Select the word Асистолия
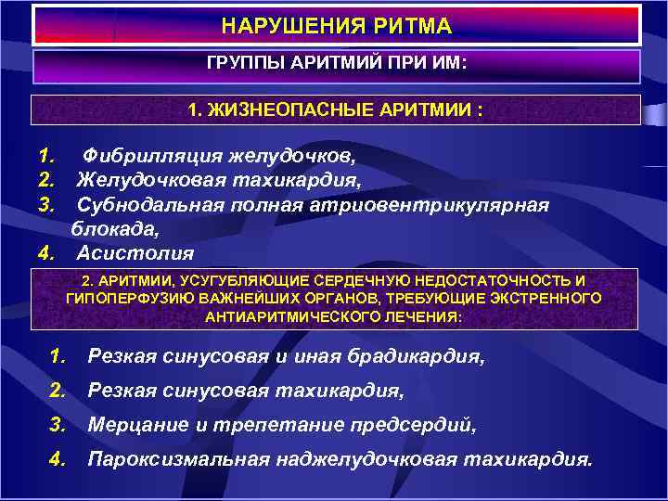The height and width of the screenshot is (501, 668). point(135,252)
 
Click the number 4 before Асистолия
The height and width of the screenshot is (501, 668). point(43,252)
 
